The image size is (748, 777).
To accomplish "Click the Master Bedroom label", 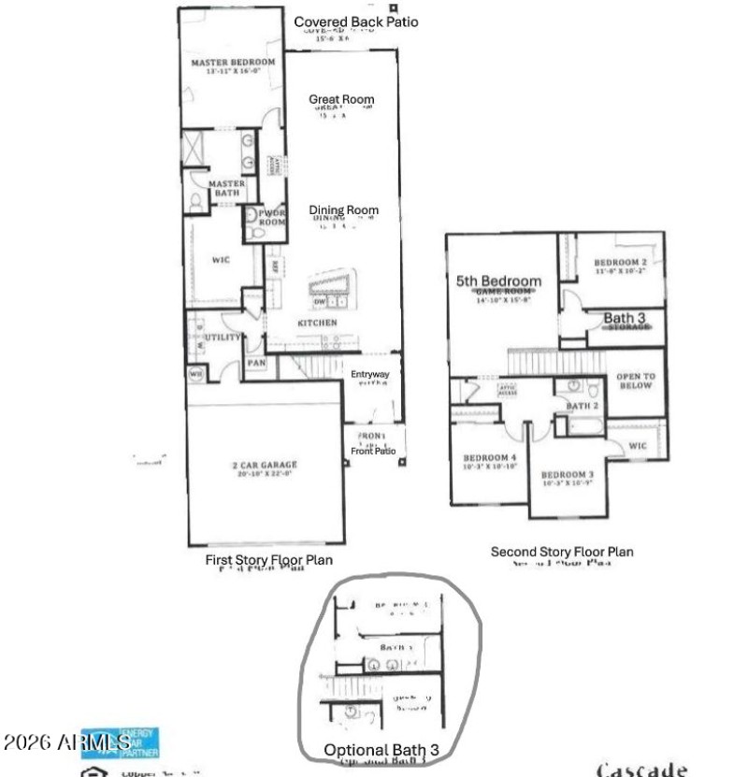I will tap(234, 63).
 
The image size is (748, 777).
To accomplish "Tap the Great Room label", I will tap(342, 100).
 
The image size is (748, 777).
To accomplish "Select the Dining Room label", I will tap(344, 210).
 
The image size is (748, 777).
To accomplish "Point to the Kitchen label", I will tap(317, 323).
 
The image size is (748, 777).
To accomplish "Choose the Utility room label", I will tap(223, 337).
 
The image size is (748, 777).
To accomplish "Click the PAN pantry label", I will tap(256, 363).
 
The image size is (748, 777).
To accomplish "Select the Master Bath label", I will tap(227, 188).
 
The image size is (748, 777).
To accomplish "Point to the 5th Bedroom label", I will tap(498, 281).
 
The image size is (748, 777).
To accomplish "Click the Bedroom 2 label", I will tap(621, 263).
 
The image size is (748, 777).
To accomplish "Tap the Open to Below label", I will tap(636, 381).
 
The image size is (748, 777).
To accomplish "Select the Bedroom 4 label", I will tap(483, 458).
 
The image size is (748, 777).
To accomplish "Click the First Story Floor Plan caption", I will tap(269, 560).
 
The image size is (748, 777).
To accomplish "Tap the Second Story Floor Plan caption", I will tap(562, 552).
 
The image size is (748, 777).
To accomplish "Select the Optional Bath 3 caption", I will tap(381, 749).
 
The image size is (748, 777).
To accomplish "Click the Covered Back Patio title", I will tap(343, 22).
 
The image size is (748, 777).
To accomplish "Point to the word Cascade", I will tap(642, 770).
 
